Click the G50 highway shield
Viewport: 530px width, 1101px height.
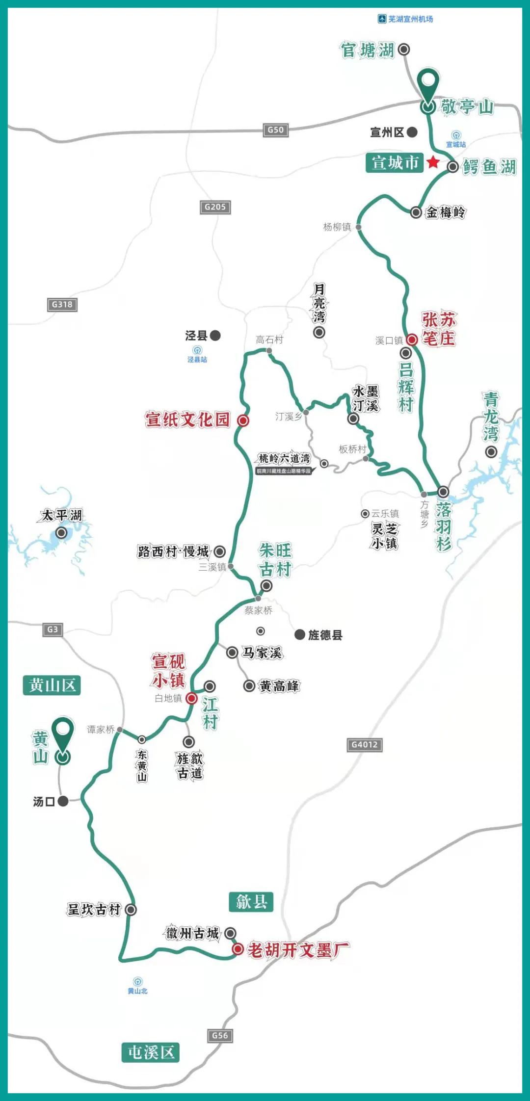pos(275,130)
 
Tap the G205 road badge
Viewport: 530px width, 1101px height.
pos(215,207)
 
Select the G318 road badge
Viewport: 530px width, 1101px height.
pos(62,305)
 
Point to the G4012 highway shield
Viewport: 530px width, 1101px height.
pos(364,745)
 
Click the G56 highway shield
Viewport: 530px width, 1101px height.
pos(219,1036)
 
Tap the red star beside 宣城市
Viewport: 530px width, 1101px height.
pos(433,162)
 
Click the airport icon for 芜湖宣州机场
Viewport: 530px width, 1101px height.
pos(382,19)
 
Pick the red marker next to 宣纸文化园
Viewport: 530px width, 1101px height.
pos(243,420)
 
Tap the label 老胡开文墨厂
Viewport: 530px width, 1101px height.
pos(298,950)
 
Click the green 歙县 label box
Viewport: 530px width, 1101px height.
pos(251,901)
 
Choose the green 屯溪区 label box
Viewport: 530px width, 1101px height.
pos(151,1052)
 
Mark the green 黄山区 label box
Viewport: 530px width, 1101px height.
pos(52,685)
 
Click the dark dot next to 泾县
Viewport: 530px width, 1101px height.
pos(215,336)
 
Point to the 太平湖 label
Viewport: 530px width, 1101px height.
pos(62,515)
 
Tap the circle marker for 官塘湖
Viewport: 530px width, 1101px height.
pos(404,49)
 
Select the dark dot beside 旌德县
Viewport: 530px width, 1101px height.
pos(300,634)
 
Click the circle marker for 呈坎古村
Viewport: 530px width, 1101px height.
pos(131,910)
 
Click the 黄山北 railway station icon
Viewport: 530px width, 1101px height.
pos(137,981)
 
